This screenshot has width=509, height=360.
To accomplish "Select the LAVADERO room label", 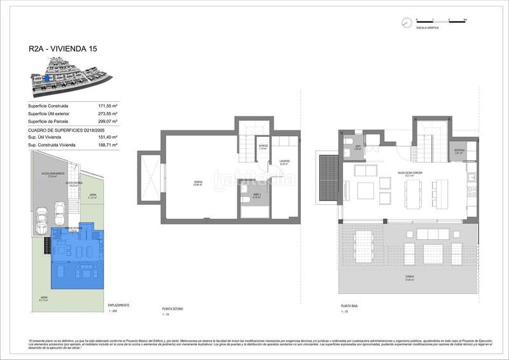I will click(x=284, y=162).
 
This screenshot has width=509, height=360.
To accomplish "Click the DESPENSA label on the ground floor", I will click(x=459, y=151).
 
